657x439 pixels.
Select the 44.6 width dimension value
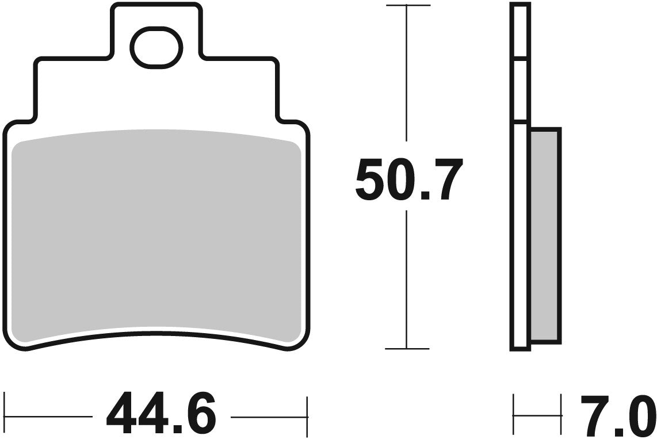[162, 414]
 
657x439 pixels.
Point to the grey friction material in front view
[156, 236]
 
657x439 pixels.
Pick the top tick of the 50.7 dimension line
[407, 6]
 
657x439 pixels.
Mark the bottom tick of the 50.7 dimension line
[407, 349]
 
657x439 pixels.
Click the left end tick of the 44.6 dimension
[5, 414]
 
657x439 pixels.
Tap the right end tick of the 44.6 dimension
[308, 414]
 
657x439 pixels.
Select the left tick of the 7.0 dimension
[514, 414]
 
